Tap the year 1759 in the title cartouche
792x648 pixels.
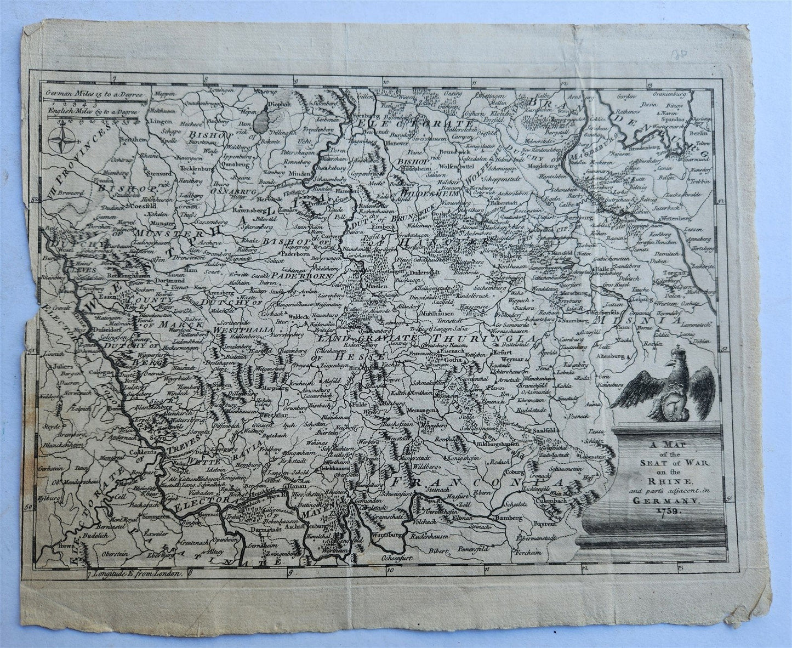click(x=665, y=510)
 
